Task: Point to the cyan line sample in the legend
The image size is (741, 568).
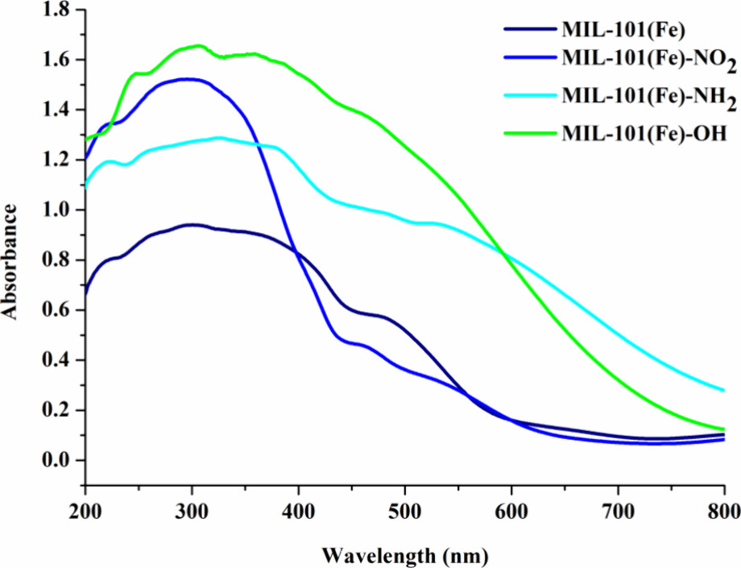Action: pyautogui.click(x=526, y=94)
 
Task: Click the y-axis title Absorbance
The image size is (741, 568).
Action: pyautogui.click(x=11, y=261)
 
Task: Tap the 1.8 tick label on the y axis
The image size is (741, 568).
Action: pyautogui.click(x=55, y=10)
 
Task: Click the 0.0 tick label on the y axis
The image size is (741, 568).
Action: pyautogui.click(x=55, y=461)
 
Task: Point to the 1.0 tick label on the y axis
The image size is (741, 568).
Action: pyautogui.click(x=55, y=210)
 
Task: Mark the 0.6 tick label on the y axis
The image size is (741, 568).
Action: pyautogui.click(x=55, y=311)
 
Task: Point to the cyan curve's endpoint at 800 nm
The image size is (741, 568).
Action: pyautogui.click(x=724, y=390)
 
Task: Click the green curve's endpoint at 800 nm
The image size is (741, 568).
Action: pyautogui.click(x=724, y=429)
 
